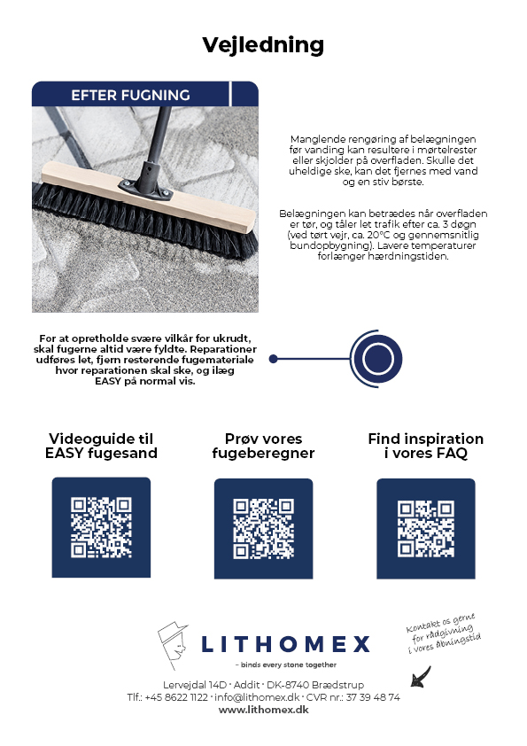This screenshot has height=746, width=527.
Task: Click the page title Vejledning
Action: click(263, 44)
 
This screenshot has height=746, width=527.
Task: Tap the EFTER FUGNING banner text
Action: click(130, 95)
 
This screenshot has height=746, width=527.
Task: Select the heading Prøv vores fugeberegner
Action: click(263, 446)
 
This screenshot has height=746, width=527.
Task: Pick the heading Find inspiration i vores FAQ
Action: click(425, 446)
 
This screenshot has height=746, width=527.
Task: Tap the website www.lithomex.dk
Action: click(263, 711)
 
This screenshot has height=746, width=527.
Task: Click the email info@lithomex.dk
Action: click(257, 697)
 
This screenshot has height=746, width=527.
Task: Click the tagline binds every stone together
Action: click(285, 664)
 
